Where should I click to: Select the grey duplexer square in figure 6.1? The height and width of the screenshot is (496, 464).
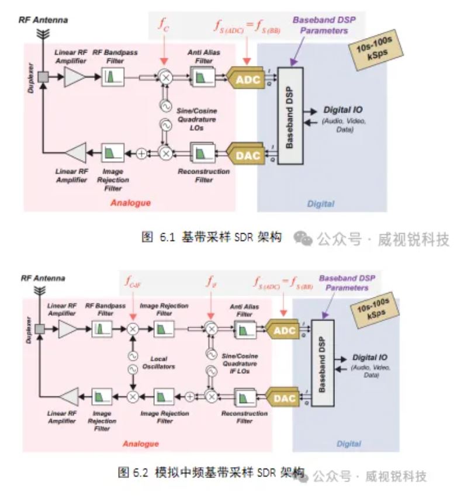pyautogui.click(x=42, y=77)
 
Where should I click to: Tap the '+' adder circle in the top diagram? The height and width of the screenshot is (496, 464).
pyautogui.click(x=141, y=154)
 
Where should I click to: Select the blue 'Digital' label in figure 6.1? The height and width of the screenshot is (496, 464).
pyautogui.click(x=320, y=204)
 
